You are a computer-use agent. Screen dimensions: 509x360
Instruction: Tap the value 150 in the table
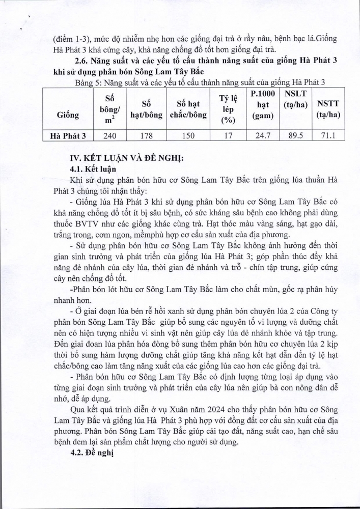pos(187,136)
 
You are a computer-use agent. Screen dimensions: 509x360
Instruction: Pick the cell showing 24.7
pos(263,136)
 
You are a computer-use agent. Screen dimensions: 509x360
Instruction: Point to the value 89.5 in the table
pos(295,136)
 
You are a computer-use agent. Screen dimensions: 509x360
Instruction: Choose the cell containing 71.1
pos(328,136)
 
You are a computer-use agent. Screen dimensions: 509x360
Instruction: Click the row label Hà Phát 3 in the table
pos(68,136)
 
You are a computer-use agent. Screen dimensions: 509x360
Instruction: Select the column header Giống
pos(68,115)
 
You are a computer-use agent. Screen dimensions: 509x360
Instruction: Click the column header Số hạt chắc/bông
pos(187,109)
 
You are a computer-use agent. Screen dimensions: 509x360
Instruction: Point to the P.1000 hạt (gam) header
pos(263,105)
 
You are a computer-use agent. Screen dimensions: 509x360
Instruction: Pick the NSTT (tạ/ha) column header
pos(328,109)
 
